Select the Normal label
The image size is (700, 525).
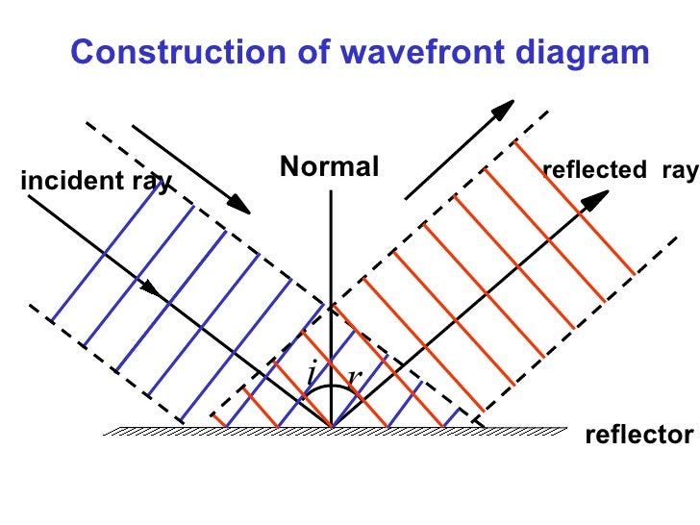[330, 167]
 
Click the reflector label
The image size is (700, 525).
[637, 437]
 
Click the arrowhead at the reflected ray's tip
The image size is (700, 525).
[597, 200]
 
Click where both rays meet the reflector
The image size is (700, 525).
[331, 427]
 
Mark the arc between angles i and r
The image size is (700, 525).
[332, 387]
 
